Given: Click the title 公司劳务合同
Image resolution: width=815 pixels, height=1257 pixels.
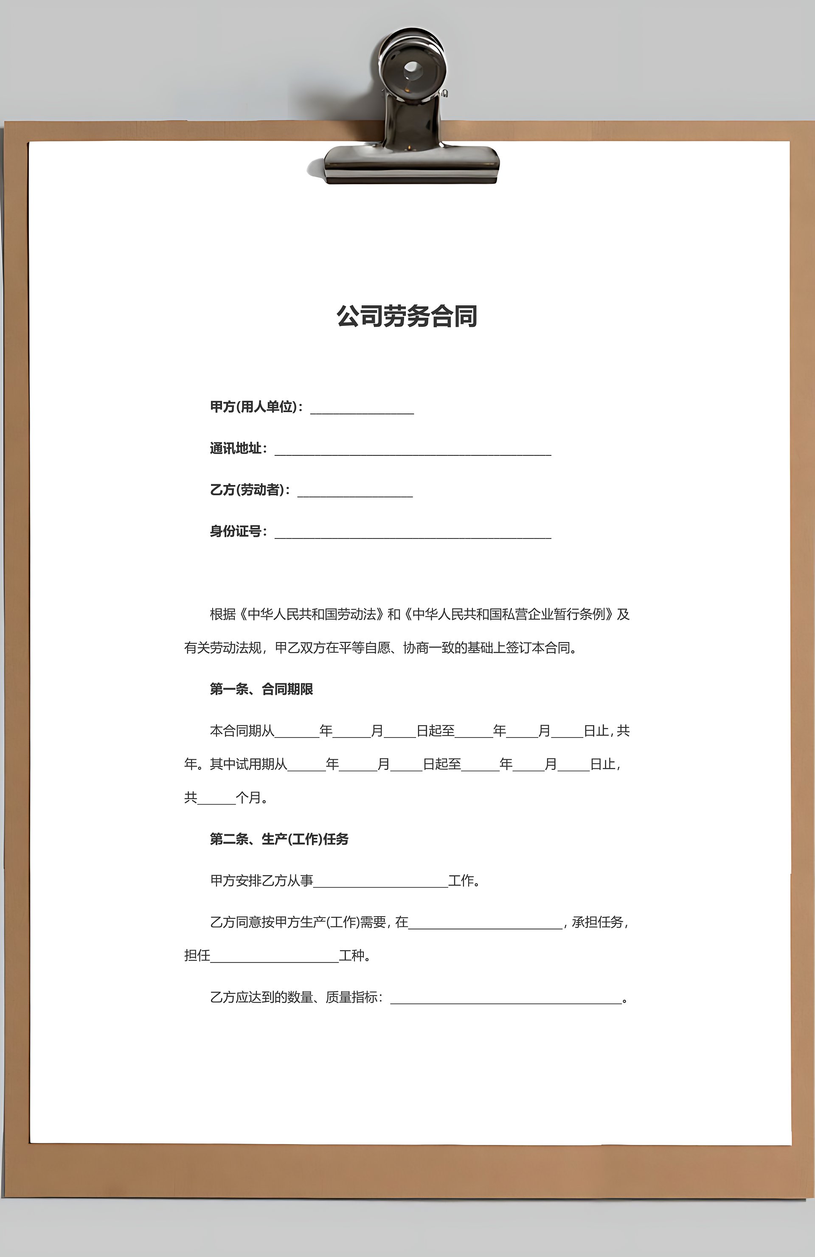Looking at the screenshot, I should [407, 316].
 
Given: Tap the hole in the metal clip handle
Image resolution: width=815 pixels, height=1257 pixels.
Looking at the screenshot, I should [412, 69].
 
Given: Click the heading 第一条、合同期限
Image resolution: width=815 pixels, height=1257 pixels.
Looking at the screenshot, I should [261, 689].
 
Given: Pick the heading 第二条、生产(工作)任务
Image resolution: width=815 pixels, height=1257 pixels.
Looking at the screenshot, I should [279, 839].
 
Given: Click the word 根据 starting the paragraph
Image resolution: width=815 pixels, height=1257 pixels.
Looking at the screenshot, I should [223, 614].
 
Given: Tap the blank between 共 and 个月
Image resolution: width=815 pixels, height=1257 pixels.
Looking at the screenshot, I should [216, 800].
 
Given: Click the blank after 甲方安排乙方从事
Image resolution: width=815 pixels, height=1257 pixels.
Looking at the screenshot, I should [380, 883].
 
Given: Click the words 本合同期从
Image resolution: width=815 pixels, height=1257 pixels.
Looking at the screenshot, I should [242, 731].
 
